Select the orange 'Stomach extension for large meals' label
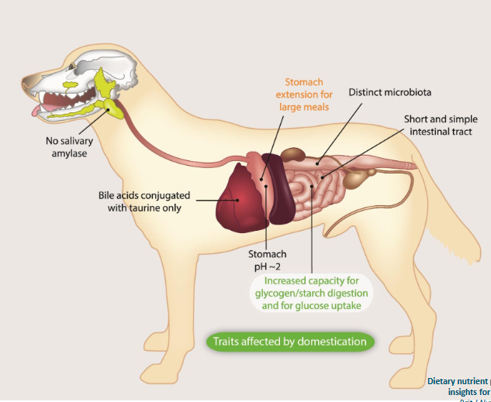point(304,94)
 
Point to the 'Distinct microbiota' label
point(389,92)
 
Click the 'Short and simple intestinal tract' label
point(440,125)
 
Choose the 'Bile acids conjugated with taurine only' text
point(144,201)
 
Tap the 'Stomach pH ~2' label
point(267,259)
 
